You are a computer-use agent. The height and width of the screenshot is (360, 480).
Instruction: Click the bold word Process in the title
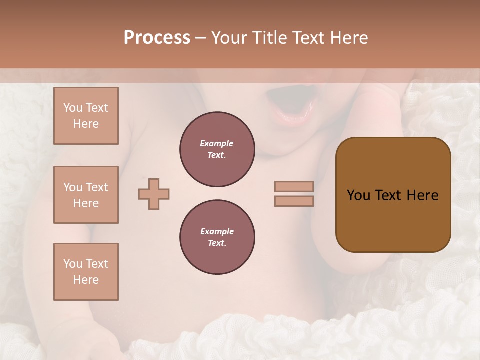[157, 37]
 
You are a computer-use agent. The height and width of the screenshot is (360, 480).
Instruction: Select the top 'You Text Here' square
[86, 116]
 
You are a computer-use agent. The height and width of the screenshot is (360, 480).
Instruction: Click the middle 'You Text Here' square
[86, 195]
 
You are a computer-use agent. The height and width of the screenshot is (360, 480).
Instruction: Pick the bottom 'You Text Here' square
[86, 272]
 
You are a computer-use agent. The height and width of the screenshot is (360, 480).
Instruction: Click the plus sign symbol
[154, 194]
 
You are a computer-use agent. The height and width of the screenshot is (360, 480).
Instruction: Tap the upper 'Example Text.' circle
[217, 149]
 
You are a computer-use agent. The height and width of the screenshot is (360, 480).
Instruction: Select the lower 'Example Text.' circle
[217, 237]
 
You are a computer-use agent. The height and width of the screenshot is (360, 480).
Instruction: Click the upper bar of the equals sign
[294, 186]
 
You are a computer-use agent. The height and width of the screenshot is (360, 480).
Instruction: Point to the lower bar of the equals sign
[294, 201]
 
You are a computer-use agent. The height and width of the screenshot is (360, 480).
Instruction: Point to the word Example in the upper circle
[217, 143]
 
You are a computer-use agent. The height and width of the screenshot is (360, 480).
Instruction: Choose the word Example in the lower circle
[217, 231]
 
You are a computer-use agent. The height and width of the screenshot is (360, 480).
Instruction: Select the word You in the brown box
[358, 195]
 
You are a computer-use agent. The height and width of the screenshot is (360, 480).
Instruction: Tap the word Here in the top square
[86, 124]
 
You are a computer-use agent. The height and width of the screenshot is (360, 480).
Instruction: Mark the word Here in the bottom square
[86, 280]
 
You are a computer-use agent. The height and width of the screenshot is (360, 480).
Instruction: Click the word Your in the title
[229, 37]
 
